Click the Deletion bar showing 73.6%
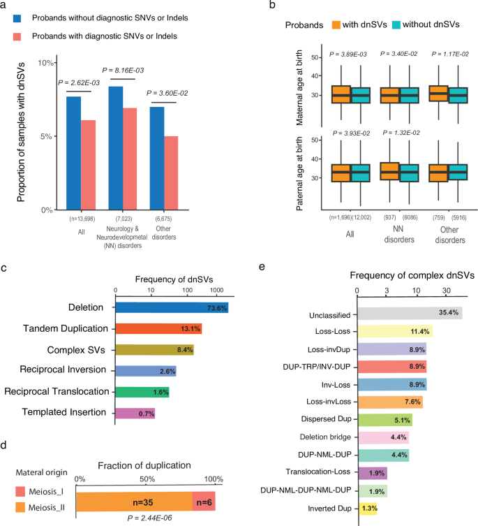(x=172, y=307)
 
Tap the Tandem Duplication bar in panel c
(x=158, y=328)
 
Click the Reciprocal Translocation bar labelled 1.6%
(x=142, y=392)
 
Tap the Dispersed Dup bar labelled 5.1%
(x=384, y=420)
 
